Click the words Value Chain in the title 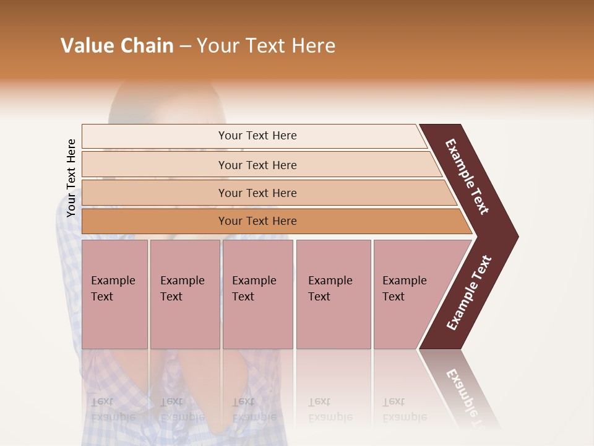pos(117,46)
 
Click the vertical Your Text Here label pos(71,178)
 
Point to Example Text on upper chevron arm pos(467,177)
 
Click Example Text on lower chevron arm pos(469,292)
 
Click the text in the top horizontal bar pos(257,136)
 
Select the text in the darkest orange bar pos(257,221)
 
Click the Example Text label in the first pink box pos(113,289)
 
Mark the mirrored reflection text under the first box pos(113,409)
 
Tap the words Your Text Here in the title pos(266,46)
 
